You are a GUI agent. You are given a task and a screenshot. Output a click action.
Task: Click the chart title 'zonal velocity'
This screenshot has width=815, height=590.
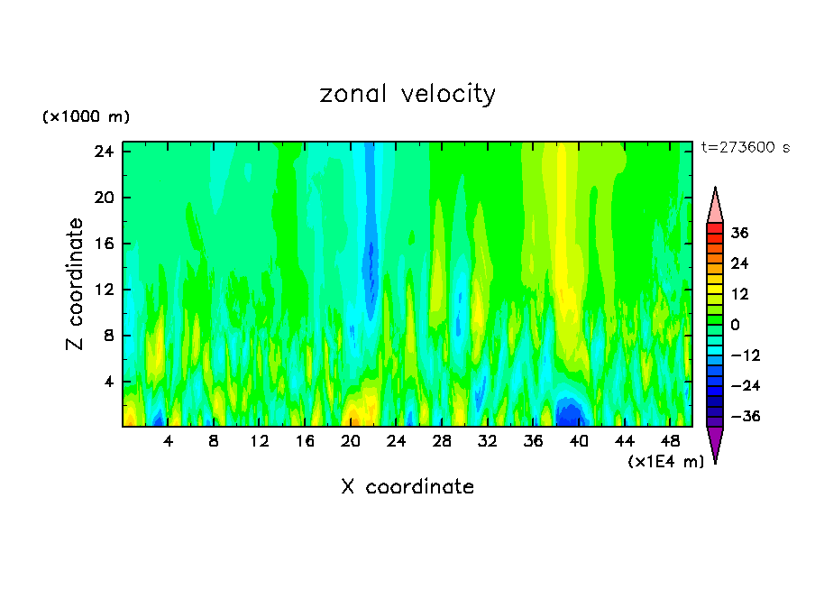[407, 94]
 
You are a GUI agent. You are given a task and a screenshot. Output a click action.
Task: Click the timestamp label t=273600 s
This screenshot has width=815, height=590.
[745, 148]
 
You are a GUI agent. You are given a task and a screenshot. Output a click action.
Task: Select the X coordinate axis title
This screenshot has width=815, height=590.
[407, 487]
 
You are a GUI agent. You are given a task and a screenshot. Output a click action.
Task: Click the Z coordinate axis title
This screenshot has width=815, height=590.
[76, 283]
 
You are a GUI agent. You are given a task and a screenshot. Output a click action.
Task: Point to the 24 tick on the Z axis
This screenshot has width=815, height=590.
[102, 152]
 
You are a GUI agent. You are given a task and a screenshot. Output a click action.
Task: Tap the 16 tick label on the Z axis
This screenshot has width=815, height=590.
[102, 244]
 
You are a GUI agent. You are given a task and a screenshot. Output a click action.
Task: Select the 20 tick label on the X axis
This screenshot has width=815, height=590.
[351, 441]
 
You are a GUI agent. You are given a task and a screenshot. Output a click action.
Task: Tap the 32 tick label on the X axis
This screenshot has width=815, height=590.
[487, 441]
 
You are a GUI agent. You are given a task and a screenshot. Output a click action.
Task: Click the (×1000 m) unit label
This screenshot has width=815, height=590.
[86, 117]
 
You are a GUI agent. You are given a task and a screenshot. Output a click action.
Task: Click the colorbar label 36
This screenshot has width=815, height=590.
[739, 234]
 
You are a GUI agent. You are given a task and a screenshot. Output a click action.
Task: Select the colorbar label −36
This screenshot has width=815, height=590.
[744, 418]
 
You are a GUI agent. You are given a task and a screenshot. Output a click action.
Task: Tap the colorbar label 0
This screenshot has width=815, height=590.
[735, 326]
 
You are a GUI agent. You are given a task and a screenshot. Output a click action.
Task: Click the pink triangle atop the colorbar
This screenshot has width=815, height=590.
[715, 206]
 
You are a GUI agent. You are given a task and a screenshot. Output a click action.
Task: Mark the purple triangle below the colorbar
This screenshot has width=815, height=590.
[715, 443]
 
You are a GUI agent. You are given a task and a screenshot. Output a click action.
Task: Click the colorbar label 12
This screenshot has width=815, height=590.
[739, 295]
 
